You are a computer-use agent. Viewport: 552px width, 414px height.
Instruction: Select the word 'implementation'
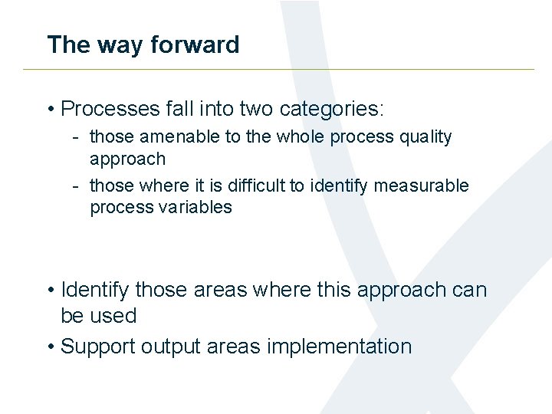340,347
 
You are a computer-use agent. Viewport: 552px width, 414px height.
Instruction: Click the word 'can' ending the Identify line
470,290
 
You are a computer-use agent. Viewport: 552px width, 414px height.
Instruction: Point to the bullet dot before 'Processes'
50,110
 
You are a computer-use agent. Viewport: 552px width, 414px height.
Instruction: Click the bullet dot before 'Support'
50,347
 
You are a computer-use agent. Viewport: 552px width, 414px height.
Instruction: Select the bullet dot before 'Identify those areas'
50,291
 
